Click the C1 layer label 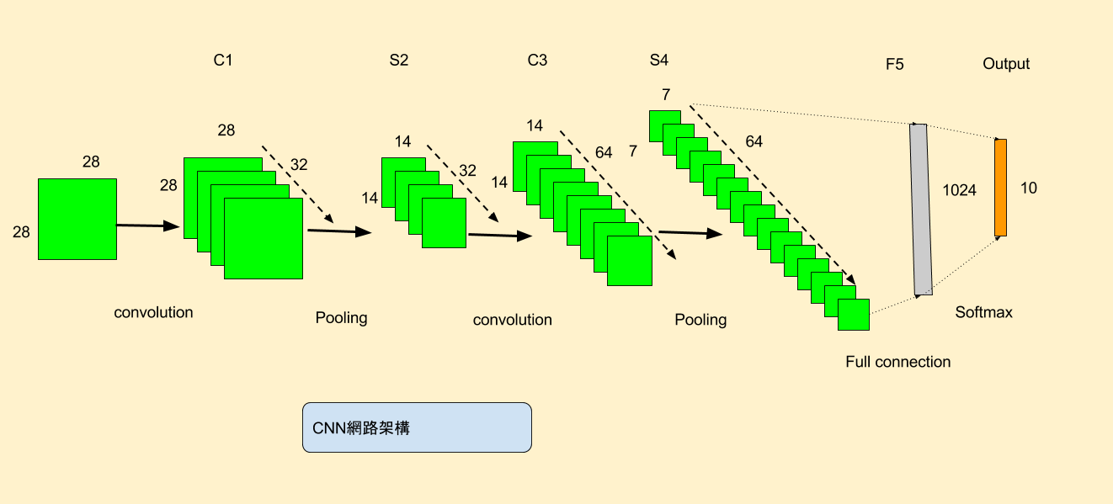222,61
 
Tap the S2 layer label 399,61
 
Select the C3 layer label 537,61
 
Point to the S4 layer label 659,61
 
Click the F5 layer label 895,64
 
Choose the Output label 1006,64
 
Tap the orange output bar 1000,188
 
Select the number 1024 959,191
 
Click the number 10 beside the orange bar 1029,188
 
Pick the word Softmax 983,312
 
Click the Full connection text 897,362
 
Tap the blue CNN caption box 417,427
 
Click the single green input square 77,219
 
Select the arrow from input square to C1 148,225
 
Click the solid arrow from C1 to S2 339,231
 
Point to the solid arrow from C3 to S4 690,234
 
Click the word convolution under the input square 153,312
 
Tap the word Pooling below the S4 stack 700,320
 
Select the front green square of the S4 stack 853,315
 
